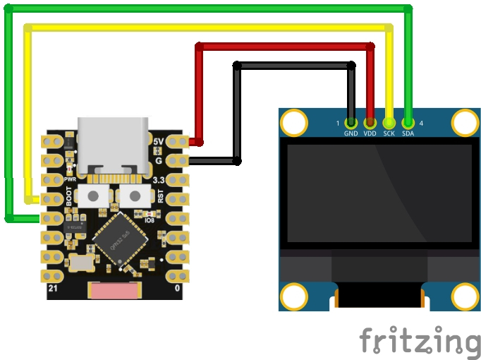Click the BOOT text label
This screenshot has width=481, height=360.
click(69, 196)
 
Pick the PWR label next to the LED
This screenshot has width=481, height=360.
click(70, 179)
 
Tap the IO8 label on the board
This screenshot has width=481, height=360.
click(150, 220)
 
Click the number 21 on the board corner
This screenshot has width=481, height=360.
click(53, 289)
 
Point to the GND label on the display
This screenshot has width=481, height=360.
click(351, 133)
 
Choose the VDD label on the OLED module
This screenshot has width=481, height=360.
click(370, 133)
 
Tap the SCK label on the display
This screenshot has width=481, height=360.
click(389, 133)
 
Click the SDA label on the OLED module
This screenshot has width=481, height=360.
click(408, 133)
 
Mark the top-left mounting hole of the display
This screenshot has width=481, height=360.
click(294, 123)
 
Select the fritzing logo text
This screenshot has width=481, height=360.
click(420, 341)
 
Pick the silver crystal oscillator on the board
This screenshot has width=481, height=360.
click(82, 263)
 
